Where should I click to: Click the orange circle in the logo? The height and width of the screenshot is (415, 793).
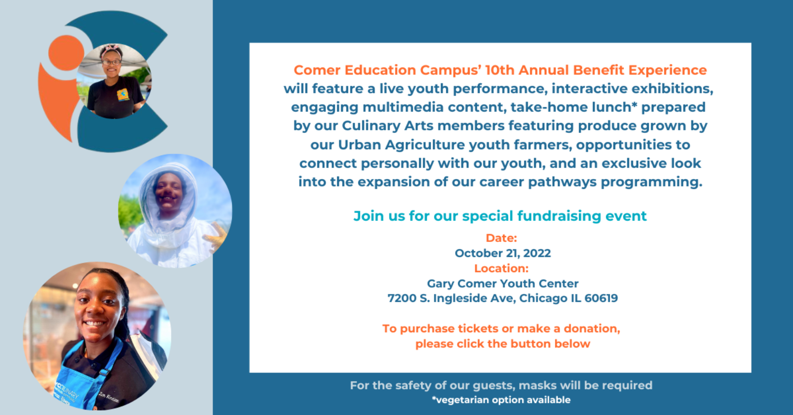tap(66, 53)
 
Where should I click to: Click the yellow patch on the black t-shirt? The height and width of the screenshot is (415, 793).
tap(123, 94)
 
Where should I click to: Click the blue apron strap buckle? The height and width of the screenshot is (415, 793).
tap(104, 372)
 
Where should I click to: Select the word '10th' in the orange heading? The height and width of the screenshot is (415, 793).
tap(500, 70)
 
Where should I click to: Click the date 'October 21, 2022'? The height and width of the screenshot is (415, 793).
tap(503, 253)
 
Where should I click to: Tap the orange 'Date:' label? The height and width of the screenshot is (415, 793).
tap(501, 238)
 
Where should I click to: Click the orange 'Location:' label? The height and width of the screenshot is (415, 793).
tap(501, 268)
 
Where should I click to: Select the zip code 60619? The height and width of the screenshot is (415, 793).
tap(601, 298)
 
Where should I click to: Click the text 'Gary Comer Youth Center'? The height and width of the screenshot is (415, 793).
tap(503, 284)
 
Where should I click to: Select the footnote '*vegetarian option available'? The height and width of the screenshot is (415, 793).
tap(501, 400)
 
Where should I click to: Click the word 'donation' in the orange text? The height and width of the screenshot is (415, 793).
tap(591, 329)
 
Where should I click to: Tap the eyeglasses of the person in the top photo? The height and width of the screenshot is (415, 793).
tap(112, 62)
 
